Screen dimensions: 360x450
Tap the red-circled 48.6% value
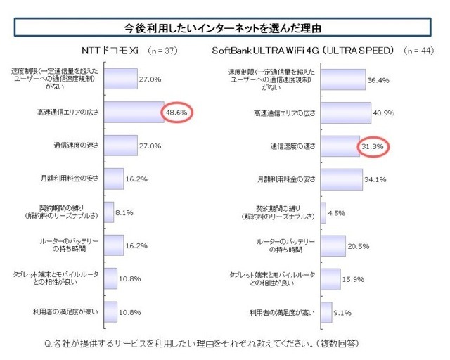click(x=178, y=112)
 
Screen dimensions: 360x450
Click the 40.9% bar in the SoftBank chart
click(x=347, y=112)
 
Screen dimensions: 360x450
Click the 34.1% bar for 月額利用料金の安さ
click(x=342, y=179)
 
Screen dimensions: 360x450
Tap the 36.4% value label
click(x=378, y=79)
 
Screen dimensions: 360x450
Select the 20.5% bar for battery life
click(x=334, y=245)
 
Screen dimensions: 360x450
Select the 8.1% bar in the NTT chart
click(x=109, y=212)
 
